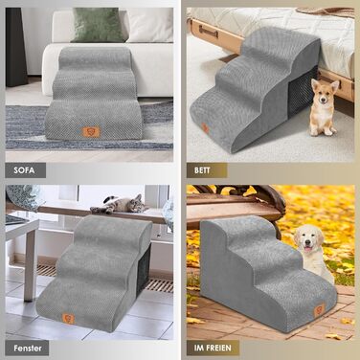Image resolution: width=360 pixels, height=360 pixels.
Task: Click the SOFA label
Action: pyautogui.click(x=24, y=170)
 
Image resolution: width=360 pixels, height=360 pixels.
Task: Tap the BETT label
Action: pyautogui.click(x=202, y=170)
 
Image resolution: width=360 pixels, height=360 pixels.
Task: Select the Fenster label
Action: pyautogui.click(x=28, y=348)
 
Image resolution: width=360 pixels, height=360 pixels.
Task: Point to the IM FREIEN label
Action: pyautogui.click(x=213, y=348)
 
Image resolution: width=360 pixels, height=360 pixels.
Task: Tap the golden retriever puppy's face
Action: pyautogui.click(x=308, y=238)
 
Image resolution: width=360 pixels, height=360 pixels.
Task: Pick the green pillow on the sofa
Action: pyautogui.click(x=97, y=25)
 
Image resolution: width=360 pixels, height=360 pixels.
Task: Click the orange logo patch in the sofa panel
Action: pyautogui.click(x=91, y=131)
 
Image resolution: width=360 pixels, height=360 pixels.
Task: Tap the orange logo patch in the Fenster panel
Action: pyautogui.click(x=68, y=318)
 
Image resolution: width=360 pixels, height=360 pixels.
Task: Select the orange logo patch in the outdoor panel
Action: pyautogui.click(x=320, y=310)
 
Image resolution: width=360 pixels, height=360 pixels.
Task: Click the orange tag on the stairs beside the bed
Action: pyautogui.click(x=205, y=128)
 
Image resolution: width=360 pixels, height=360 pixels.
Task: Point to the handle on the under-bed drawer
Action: pyautogui.click(x=209, y=32)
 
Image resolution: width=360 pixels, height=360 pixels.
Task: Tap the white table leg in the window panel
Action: pyautogui.click(x=30, y=265)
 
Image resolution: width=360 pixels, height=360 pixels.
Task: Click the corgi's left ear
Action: pyautogui.click(x=315, y=84)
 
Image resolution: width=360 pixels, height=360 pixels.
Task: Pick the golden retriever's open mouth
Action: pyautogui.click(x=307, y=249)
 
